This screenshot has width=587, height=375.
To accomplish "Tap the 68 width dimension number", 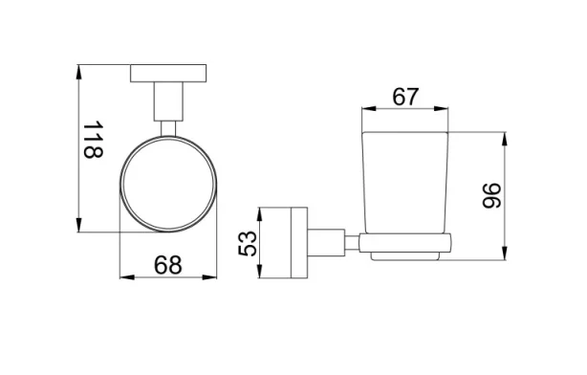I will [167, 265].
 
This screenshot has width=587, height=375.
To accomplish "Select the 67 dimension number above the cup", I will [406, 97].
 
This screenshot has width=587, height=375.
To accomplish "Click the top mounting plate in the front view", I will [168, 73].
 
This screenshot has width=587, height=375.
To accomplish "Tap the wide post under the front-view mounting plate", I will [168, 102].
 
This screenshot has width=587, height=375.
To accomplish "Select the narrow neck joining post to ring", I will [168, 130].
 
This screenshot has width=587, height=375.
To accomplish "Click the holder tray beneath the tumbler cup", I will [405, 247].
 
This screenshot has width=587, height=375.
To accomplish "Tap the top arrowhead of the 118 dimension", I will [79, 70].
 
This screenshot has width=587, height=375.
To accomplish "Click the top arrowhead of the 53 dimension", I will [261, 209].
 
